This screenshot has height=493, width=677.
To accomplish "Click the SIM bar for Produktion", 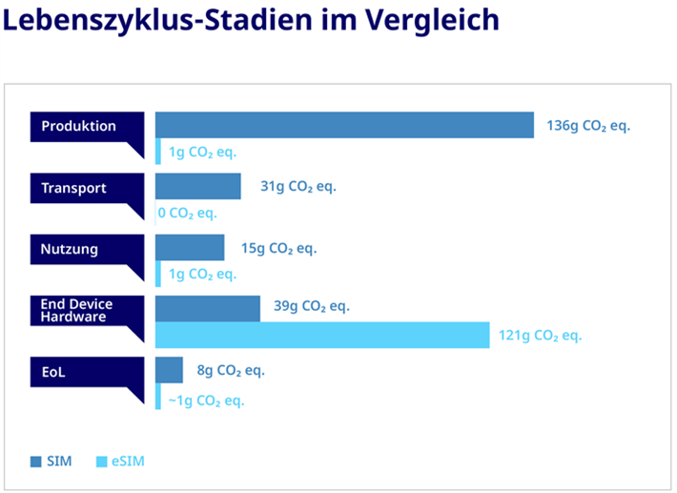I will point(344,125).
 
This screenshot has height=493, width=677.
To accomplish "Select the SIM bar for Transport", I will point(198,187).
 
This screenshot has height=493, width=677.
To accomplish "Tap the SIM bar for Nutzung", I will point(190,248).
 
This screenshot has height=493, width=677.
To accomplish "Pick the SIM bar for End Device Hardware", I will point(208,308).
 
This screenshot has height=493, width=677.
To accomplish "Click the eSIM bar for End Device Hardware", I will point(323,335).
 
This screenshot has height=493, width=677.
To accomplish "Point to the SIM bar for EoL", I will point(169,370).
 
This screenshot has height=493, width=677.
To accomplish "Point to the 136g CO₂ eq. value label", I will point(588,126).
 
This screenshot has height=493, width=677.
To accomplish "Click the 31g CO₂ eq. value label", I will point(298,187).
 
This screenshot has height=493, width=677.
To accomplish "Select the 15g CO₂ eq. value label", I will point(278,249).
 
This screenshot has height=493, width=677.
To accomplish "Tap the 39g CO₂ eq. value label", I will point(312,306).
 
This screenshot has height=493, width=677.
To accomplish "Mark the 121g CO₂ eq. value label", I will point(540,336).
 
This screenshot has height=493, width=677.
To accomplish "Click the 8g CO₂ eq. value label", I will point(231,371).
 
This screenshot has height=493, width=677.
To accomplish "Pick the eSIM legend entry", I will point(121,462).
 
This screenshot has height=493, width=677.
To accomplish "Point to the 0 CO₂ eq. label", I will point(188,213).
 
